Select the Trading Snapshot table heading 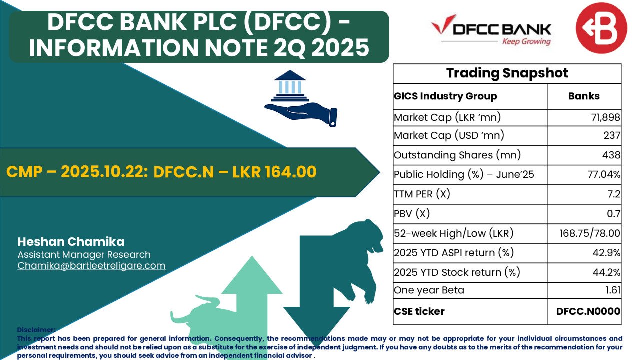pos(507,73)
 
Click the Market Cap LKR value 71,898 pos(605,117)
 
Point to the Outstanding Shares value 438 pos(611,155)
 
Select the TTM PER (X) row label pos(422,194)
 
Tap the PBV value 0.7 pos(614,214)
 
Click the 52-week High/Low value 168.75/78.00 pos(590,233)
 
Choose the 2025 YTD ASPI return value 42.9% pos(606,253)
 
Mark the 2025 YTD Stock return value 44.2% pos(606,272)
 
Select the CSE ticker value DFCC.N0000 pos(588,311)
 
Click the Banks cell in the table pos(584,96)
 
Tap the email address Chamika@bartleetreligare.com pos(91,266)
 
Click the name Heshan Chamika pos(71,242)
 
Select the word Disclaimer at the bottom pos(36,330)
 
